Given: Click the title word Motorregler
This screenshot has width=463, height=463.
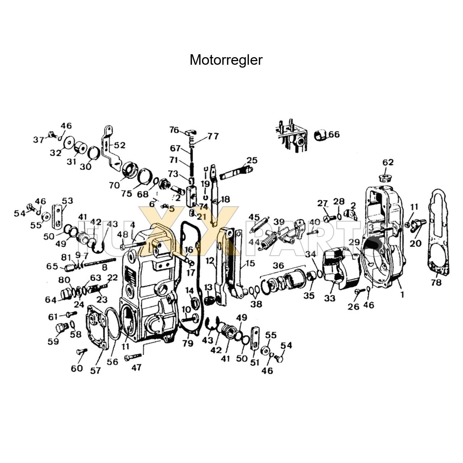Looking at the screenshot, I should (226, 60).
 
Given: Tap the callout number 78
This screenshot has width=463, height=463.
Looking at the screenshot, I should (436, 282).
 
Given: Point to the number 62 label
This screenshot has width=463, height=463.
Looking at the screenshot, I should (388, 162).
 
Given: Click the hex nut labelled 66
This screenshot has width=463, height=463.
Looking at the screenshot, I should (320, 135).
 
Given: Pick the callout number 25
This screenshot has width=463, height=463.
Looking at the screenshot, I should (252, 160).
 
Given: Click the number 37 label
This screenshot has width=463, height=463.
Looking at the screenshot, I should (39, 140).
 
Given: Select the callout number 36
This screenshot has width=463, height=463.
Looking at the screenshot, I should (278, 266).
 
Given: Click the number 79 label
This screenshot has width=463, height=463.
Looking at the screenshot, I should (188, 343).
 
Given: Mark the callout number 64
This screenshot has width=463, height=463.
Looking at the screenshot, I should (51, 300).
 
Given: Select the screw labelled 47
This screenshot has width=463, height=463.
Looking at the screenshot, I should (133, 357).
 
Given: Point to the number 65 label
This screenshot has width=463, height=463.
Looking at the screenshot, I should (52, 266).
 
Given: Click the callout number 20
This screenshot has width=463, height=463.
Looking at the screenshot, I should (415, 243).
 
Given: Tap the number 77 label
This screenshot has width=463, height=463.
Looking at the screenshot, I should (213, 136).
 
